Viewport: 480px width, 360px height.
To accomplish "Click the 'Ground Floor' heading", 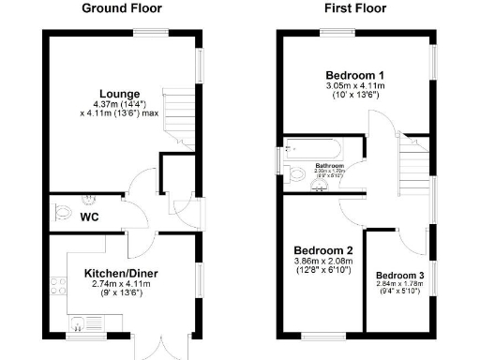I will point(121,8).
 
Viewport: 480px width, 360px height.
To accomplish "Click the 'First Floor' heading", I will point(355,8).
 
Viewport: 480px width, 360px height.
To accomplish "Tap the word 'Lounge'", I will point(120,94).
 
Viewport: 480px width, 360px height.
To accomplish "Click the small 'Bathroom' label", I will point(330,165).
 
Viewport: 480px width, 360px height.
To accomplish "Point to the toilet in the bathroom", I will point(322,173).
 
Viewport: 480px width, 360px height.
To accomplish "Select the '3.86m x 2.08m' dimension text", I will point(322,261).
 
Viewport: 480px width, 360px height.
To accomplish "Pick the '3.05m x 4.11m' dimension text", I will point(355,85).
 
